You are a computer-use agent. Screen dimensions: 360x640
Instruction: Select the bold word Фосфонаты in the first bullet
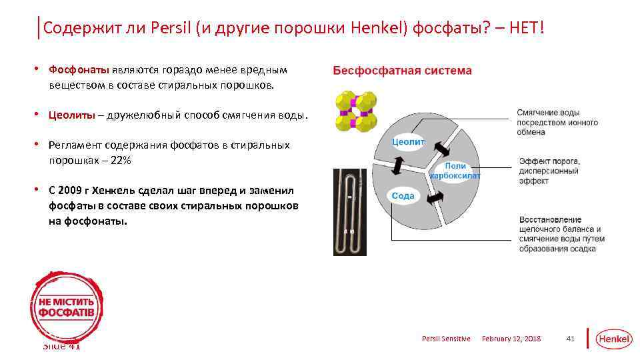[x=79, y=69]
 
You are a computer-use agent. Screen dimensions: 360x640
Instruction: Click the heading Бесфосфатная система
[x=402, y=71]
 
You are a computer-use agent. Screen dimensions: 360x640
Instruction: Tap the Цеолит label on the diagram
[x=408, y=141]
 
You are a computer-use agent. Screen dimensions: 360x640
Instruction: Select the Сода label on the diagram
[x=403, y=195]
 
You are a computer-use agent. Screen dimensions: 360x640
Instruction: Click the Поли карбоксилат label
[x=455, y=171]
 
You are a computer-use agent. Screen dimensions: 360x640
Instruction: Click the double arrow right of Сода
[x=435, y=198]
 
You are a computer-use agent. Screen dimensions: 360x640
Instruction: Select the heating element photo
[x=350, y=212]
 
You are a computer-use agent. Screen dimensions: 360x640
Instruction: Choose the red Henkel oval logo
[x=613, y=339]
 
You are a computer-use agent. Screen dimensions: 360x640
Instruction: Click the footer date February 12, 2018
[x=511, y=339]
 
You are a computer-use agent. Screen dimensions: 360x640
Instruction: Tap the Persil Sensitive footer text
[x=446, y=339]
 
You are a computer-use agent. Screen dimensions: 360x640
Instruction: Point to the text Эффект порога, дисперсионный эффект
[x=550, y=171]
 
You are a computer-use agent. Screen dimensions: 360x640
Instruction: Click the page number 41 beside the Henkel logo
[x=570, y=339]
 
